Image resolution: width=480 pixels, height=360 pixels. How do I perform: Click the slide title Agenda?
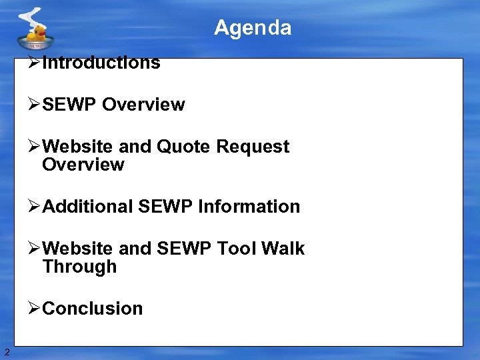coord(253,28)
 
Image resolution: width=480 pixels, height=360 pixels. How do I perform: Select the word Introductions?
coord(101,63)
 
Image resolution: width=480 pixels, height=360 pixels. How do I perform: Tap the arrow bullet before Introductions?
coord(35,63)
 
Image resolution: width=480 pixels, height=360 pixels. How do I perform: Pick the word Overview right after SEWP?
coord(143,105)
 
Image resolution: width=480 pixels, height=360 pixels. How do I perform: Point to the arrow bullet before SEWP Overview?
coord(35,105)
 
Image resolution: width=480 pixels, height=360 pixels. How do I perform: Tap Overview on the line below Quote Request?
coord(83,165)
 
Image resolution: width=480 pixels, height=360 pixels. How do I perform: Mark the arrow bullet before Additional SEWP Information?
coord(35,207)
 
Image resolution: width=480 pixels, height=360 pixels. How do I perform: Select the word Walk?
coord(283,249)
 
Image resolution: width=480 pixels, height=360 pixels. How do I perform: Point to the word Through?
coord(79,267)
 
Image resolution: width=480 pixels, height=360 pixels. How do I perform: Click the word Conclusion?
coord(92,309)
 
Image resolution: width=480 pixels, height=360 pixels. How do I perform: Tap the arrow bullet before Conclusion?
coord(35,309)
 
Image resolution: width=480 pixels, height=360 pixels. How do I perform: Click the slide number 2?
coord(7,352)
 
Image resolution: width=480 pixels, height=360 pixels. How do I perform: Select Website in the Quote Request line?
coord(77,147)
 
